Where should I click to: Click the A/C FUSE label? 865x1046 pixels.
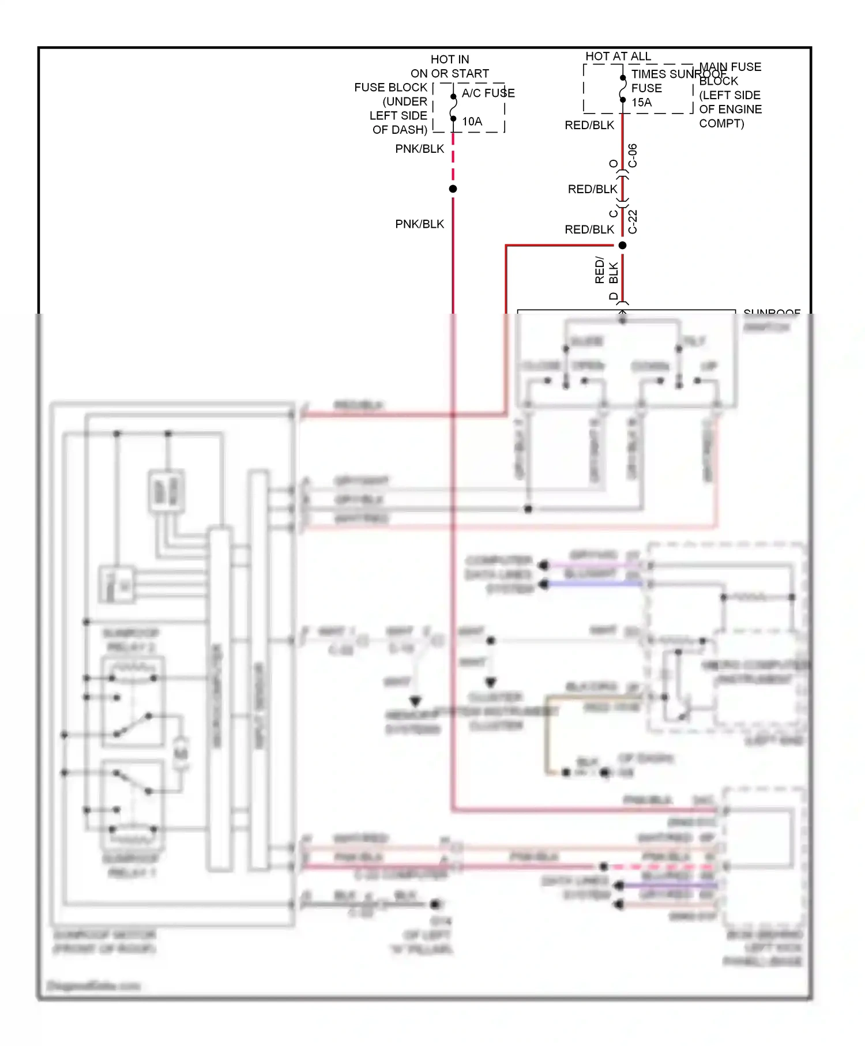point(488,93)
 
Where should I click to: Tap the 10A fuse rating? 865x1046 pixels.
point(472,121)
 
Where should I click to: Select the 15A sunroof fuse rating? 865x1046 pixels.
point(641,103)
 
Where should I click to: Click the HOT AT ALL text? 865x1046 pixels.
point(618,56)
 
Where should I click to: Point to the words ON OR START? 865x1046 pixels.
point(449,73)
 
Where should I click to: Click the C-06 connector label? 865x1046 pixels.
point(633,156)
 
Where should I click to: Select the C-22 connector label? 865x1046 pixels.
point(633,221)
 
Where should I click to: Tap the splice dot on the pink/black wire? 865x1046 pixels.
point(453,189)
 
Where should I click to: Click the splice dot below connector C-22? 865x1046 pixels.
point(622,246)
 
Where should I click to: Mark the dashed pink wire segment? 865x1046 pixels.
point(453,159)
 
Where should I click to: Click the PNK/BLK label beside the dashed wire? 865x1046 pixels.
point(419,149)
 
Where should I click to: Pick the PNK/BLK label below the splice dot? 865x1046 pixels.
point(419,224)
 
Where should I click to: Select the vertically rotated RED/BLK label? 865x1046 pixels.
point(606,272)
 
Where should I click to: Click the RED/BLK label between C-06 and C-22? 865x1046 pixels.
point(592,189)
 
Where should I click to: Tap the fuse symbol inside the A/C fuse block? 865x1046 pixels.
point(453,107)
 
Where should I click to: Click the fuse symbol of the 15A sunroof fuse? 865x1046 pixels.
point(623,89)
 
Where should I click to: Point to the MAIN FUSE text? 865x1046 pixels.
point(730,67)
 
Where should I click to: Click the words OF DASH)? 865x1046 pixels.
point(400,130)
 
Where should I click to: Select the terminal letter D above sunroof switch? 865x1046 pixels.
point(614,296)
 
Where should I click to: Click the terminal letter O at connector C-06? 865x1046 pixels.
point(614,164)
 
